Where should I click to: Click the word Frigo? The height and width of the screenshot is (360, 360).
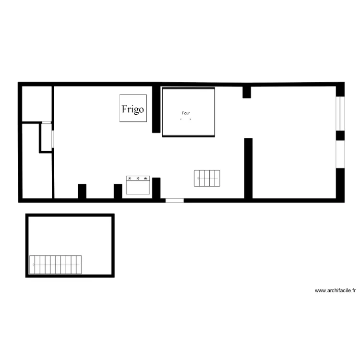coord(132,109)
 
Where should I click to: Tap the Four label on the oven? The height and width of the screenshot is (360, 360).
coord(186,114)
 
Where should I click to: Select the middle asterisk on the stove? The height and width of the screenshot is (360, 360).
coord(138,179)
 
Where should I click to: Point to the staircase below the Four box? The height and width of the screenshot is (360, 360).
coord(207,179)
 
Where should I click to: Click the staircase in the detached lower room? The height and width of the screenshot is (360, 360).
coord(56,264)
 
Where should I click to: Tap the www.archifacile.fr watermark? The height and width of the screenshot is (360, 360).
coord(335,290)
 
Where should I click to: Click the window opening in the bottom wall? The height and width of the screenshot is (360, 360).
coord(174,200)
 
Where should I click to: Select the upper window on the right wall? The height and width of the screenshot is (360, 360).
coord(340,113)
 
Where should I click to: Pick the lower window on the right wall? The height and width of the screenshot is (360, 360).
coord(340,154)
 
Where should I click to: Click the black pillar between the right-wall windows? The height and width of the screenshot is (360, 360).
coord(340,135)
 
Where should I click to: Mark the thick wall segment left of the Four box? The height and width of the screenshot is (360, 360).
coord(156,109)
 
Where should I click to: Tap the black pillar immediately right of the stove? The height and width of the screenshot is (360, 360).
coord(156,188)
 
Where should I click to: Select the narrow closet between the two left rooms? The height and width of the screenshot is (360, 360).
coord(47,138)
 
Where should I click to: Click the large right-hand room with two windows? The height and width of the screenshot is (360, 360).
coord(294,142)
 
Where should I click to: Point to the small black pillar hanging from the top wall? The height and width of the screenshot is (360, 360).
coord(247,92)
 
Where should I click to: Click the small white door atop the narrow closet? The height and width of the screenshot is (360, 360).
coord(46,123)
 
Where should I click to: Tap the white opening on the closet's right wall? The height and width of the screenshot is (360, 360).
coord(53,138)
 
